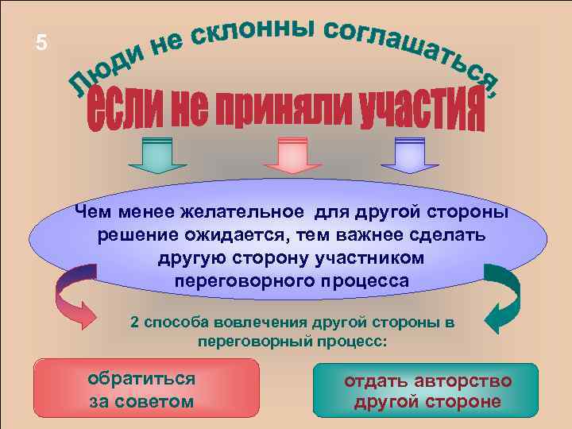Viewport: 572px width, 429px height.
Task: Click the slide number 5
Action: click(41, 44)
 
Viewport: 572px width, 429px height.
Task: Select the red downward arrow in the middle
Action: click(290, 154)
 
